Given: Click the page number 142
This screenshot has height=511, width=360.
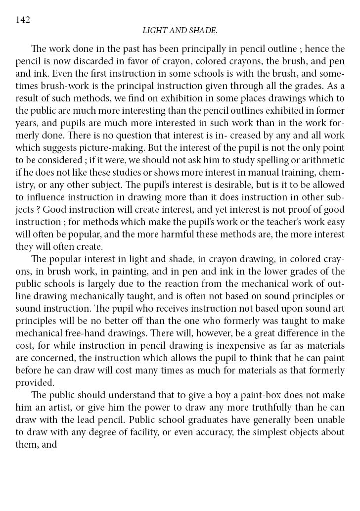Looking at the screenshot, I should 23,20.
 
